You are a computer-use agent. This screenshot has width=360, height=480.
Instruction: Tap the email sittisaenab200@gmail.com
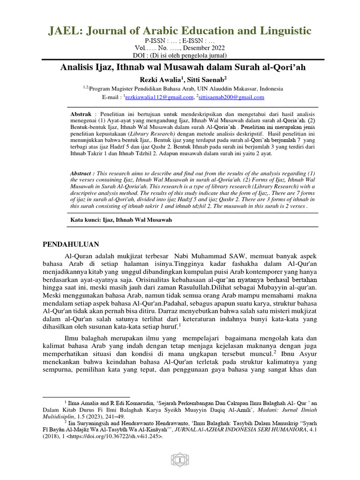pyautogui.click(x=232, y=97)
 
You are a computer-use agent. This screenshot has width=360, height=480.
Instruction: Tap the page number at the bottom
pyautogui.click(x=180, y=462)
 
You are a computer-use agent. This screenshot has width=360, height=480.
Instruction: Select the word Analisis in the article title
pyautogui.click(x=77, y=67)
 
